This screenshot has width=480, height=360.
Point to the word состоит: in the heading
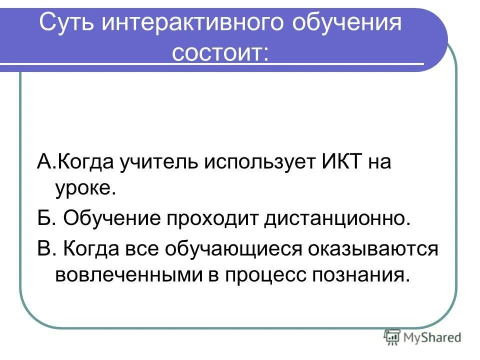point(220,52)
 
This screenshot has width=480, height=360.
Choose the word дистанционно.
point(337,219)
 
